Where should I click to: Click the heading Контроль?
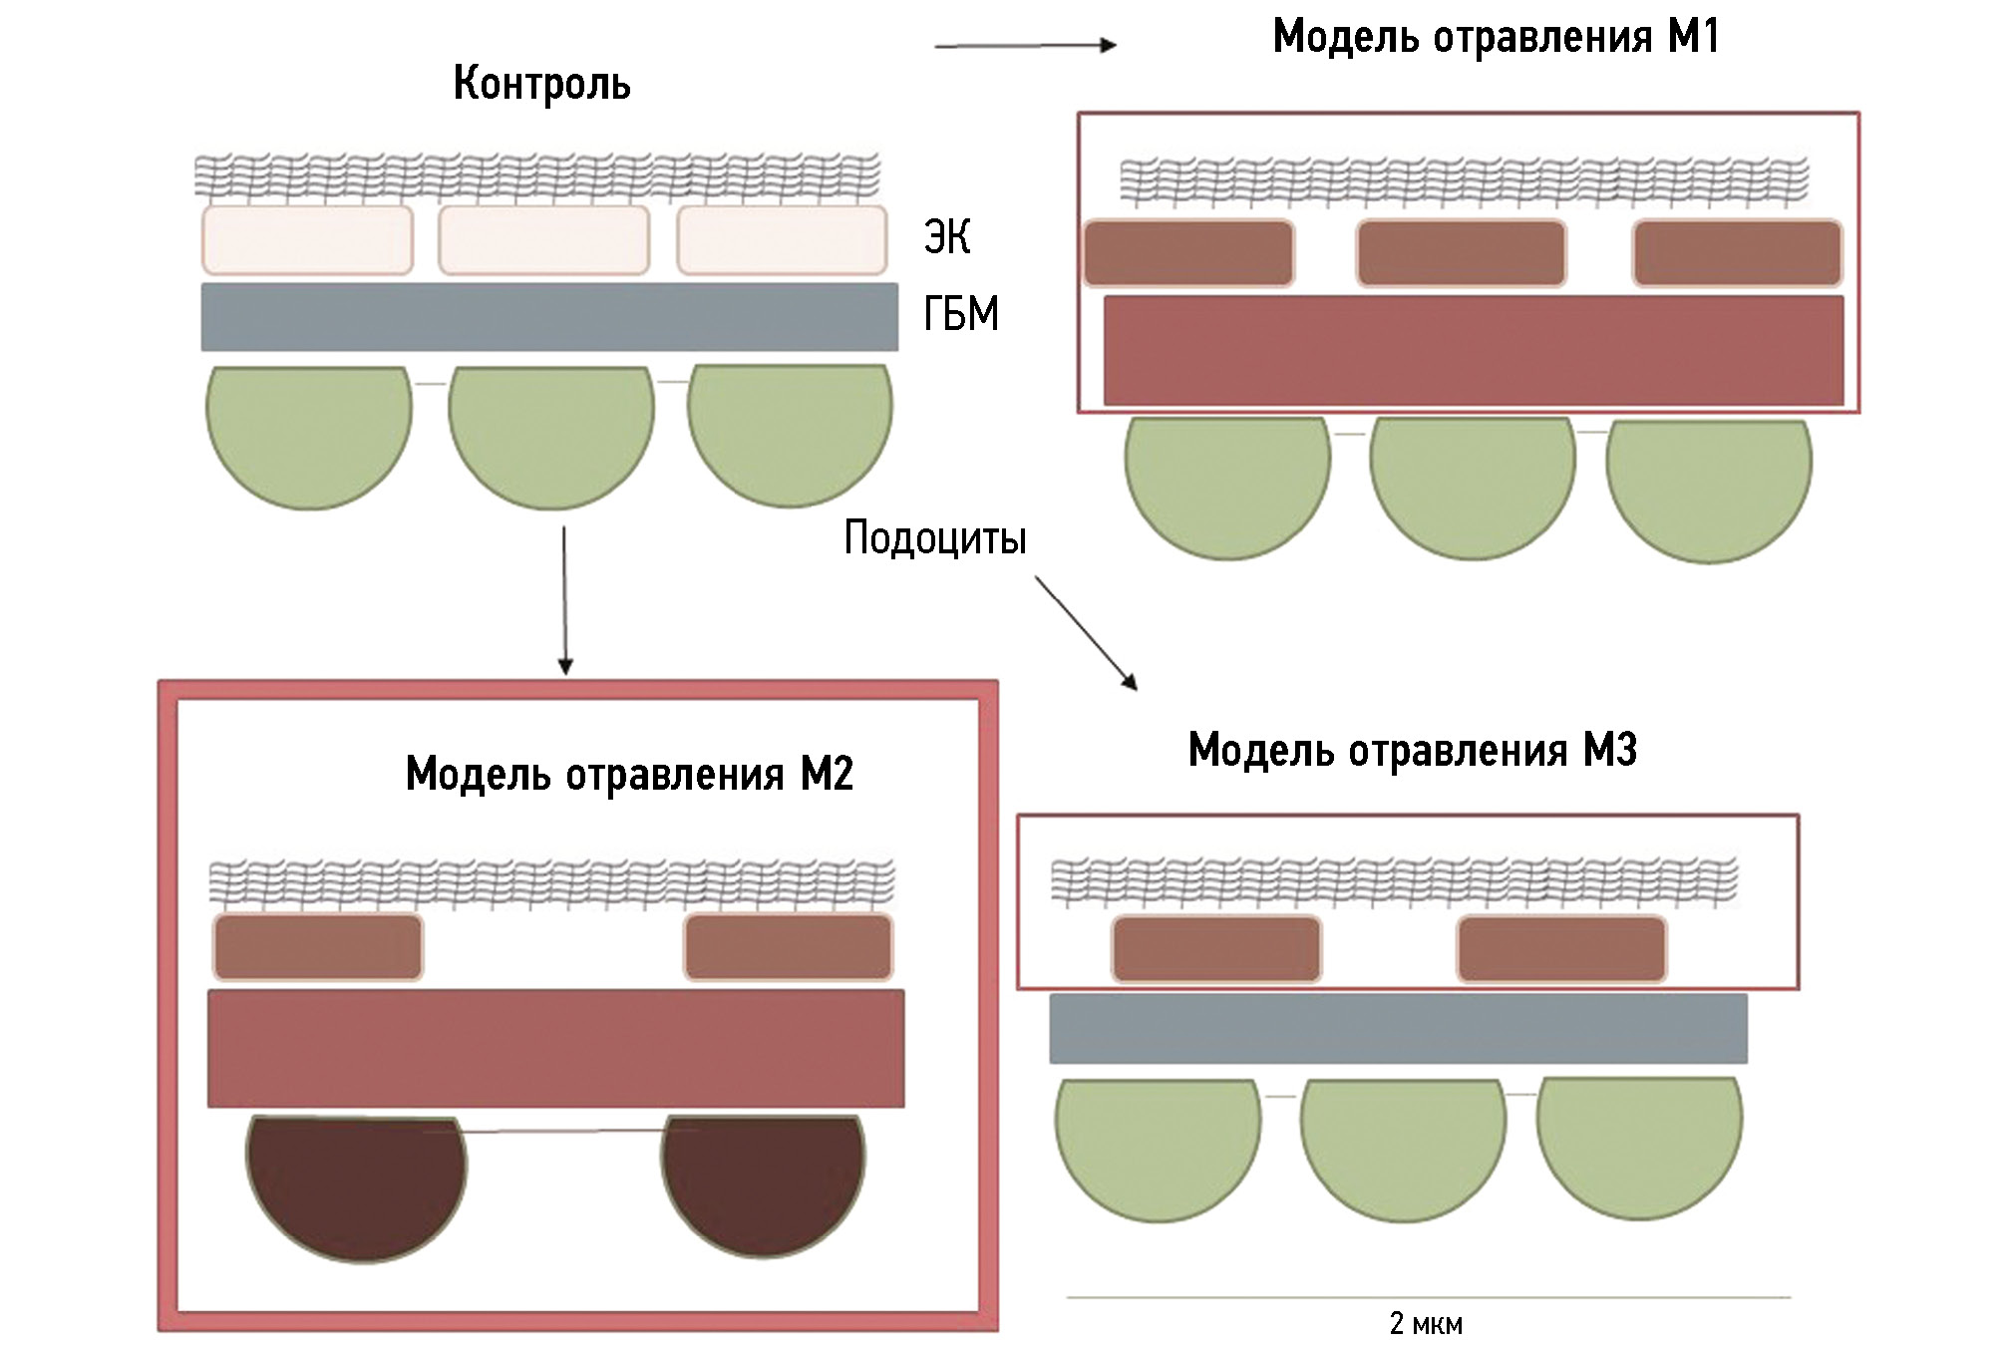(541, 84)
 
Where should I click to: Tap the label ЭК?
(946, 237)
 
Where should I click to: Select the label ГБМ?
(960, 314)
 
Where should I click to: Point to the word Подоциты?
(934, 538)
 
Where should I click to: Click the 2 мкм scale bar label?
(1426, 1323)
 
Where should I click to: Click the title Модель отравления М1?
(1496, 38)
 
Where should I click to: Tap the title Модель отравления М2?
(629, 774)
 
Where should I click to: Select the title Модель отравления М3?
(1412, 750)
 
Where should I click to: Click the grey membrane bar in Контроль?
(549, 317)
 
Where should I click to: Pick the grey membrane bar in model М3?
(1398, 1028)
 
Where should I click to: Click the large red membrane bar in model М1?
(1473, 350)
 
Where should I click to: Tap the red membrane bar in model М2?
(555, 1048)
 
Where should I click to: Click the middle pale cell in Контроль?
(543, 239)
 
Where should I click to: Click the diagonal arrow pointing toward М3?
(1086, 632)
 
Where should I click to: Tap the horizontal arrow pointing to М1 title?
(1025, 45)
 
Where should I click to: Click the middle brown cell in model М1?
(1461, 253)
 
